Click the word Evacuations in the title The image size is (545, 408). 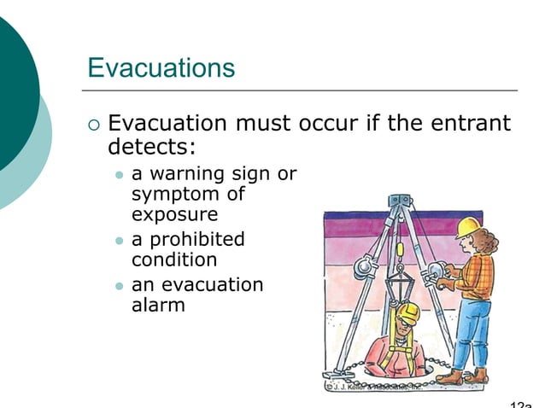[161, 67]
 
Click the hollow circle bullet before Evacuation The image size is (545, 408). [94, 125]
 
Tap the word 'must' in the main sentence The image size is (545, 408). [263, 123]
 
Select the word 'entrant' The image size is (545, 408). [469, 123]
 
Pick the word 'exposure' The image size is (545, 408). [174, 213]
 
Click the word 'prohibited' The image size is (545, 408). [196, 239]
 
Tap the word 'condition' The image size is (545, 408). [173, 259]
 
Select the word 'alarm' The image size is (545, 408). [158, 304]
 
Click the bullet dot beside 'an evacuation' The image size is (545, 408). [119, 285]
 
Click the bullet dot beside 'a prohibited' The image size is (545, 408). [119, 240]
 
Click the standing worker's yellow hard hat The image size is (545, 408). [467, 225]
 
